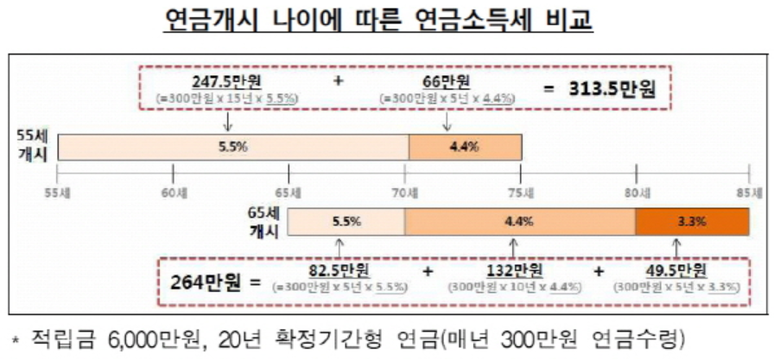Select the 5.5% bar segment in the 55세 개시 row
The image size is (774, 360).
click(x=233, y=147)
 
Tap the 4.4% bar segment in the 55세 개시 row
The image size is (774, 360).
click(x=464, y=147)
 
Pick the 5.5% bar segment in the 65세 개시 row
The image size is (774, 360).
click(x=346, y=222)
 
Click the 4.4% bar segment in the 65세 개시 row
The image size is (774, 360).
click(x=519, y=222)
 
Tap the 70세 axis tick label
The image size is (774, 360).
click(x=404, y=191)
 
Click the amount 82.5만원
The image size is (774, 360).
click(x=340, y=269)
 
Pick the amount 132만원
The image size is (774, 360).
click(x=513, y=269)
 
